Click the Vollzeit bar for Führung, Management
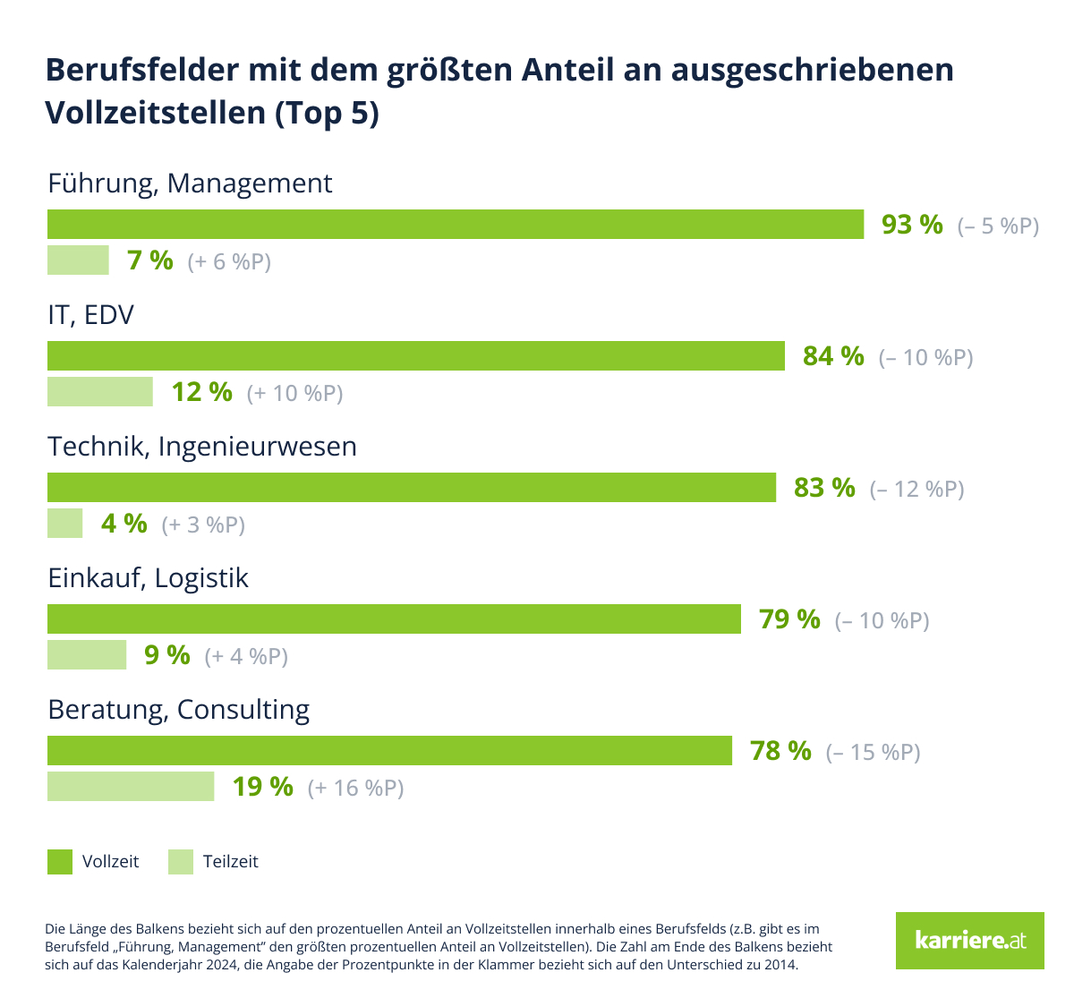coord(455,225)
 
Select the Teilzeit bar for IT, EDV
coord(100,392)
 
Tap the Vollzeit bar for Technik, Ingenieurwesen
coord(412,488)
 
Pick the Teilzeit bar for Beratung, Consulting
coord(131,787)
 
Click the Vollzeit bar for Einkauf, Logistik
coord(394,619)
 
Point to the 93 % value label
coord(912,225)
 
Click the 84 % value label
coord(833,356)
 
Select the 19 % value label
coord(263,787)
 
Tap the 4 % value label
coord(124,524)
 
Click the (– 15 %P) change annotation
coord(873,752)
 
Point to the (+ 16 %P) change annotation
coord(355,788)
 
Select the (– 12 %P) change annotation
coord(916,489)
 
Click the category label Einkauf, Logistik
coord(148,578)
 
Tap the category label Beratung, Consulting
coord(178,710)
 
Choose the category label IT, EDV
coord(90,315)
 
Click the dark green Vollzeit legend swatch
coord(60,862)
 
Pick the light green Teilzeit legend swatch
coord(181,862)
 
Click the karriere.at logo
coord(969,941)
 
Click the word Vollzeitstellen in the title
coord(153,113)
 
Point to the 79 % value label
coord(789,619)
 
